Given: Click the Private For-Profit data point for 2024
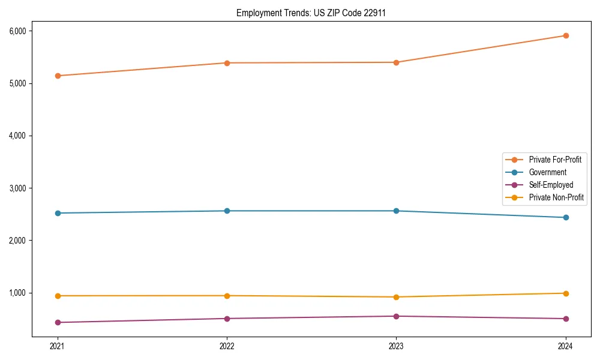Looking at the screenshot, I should [566, 35].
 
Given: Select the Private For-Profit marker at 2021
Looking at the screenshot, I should [58, 76].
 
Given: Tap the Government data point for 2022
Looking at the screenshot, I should [227, 211].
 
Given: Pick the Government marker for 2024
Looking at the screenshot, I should [566, 217].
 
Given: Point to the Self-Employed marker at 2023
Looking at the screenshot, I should [396, 316].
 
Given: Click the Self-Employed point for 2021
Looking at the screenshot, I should [58, 322].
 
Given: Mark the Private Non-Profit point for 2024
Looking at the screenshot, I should [566, 293].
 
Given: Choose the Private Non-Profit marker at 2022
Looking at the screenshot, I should [227, 296].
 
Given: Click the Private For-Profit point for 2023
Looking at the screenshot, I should [396, 62].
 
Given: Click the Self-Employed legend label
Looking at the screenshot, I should [551, 185].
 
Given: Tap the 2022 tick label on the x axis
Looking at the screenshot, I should [227, 346].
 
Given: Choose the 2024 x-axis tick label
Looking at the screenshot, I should [566, 346].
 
